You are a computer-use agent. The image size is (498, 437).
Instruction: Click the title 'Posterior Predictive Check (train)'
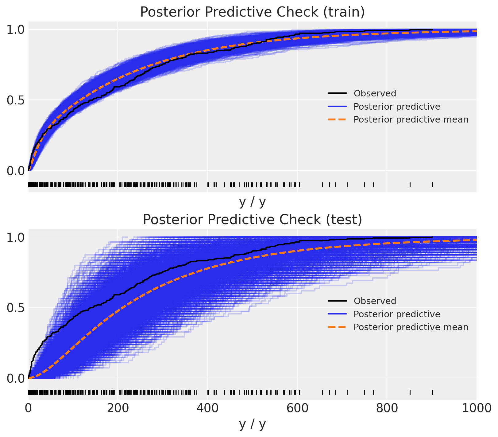pos(252,12)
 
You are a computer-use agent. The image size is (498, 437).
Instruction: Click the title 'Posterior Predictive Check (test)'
pos(252,220)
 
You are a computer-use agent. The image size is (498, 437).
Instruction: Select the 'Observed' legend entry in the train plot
pos(375,93)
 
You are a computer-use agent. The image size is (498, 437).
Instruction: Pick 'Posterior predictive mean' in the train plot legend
pos(411,119)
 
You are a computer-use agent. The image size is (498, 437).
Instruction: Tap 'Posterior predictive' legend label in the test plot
pos(396,314)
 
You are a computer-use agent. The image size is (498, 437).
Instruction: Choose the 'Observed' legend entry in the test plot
pos(375,301)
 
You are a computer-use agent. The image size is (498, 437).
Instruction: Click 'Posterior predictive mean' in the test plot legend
pos(411,327)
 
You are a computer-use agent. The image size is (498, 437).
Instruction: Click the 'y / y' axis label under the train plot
pos(252,202)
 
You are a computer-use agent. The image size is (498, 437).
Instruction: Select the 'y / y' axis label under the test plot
pos(252,424)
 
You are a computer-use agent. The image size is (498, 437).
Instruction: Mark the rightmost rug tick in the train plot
pos(432,185)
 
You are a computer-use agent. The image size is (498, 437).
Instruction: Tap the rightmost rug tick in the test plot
pos(432,392)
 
